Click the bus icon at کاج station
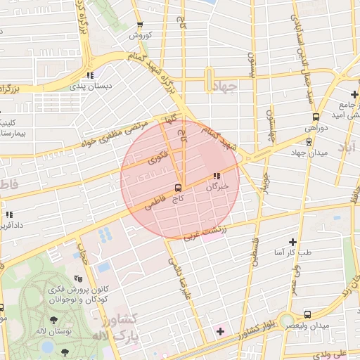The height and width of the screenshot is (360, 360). tap(178, 188)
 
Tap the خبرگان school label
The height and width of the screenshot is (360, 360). tap(217, 188)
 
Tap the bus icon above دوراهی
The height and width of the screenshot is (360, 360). tap(316, 117)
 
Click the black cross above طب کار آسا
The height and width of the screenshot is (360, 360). tap(293, 241)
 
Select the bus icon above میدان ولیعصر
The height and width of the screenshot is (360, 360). tap(307, 314)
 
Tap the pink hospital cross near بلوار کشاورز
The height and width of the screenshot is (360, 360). tap(220, 330)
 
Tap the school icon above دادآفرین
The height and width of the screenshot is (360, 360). tap(9, 215)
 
